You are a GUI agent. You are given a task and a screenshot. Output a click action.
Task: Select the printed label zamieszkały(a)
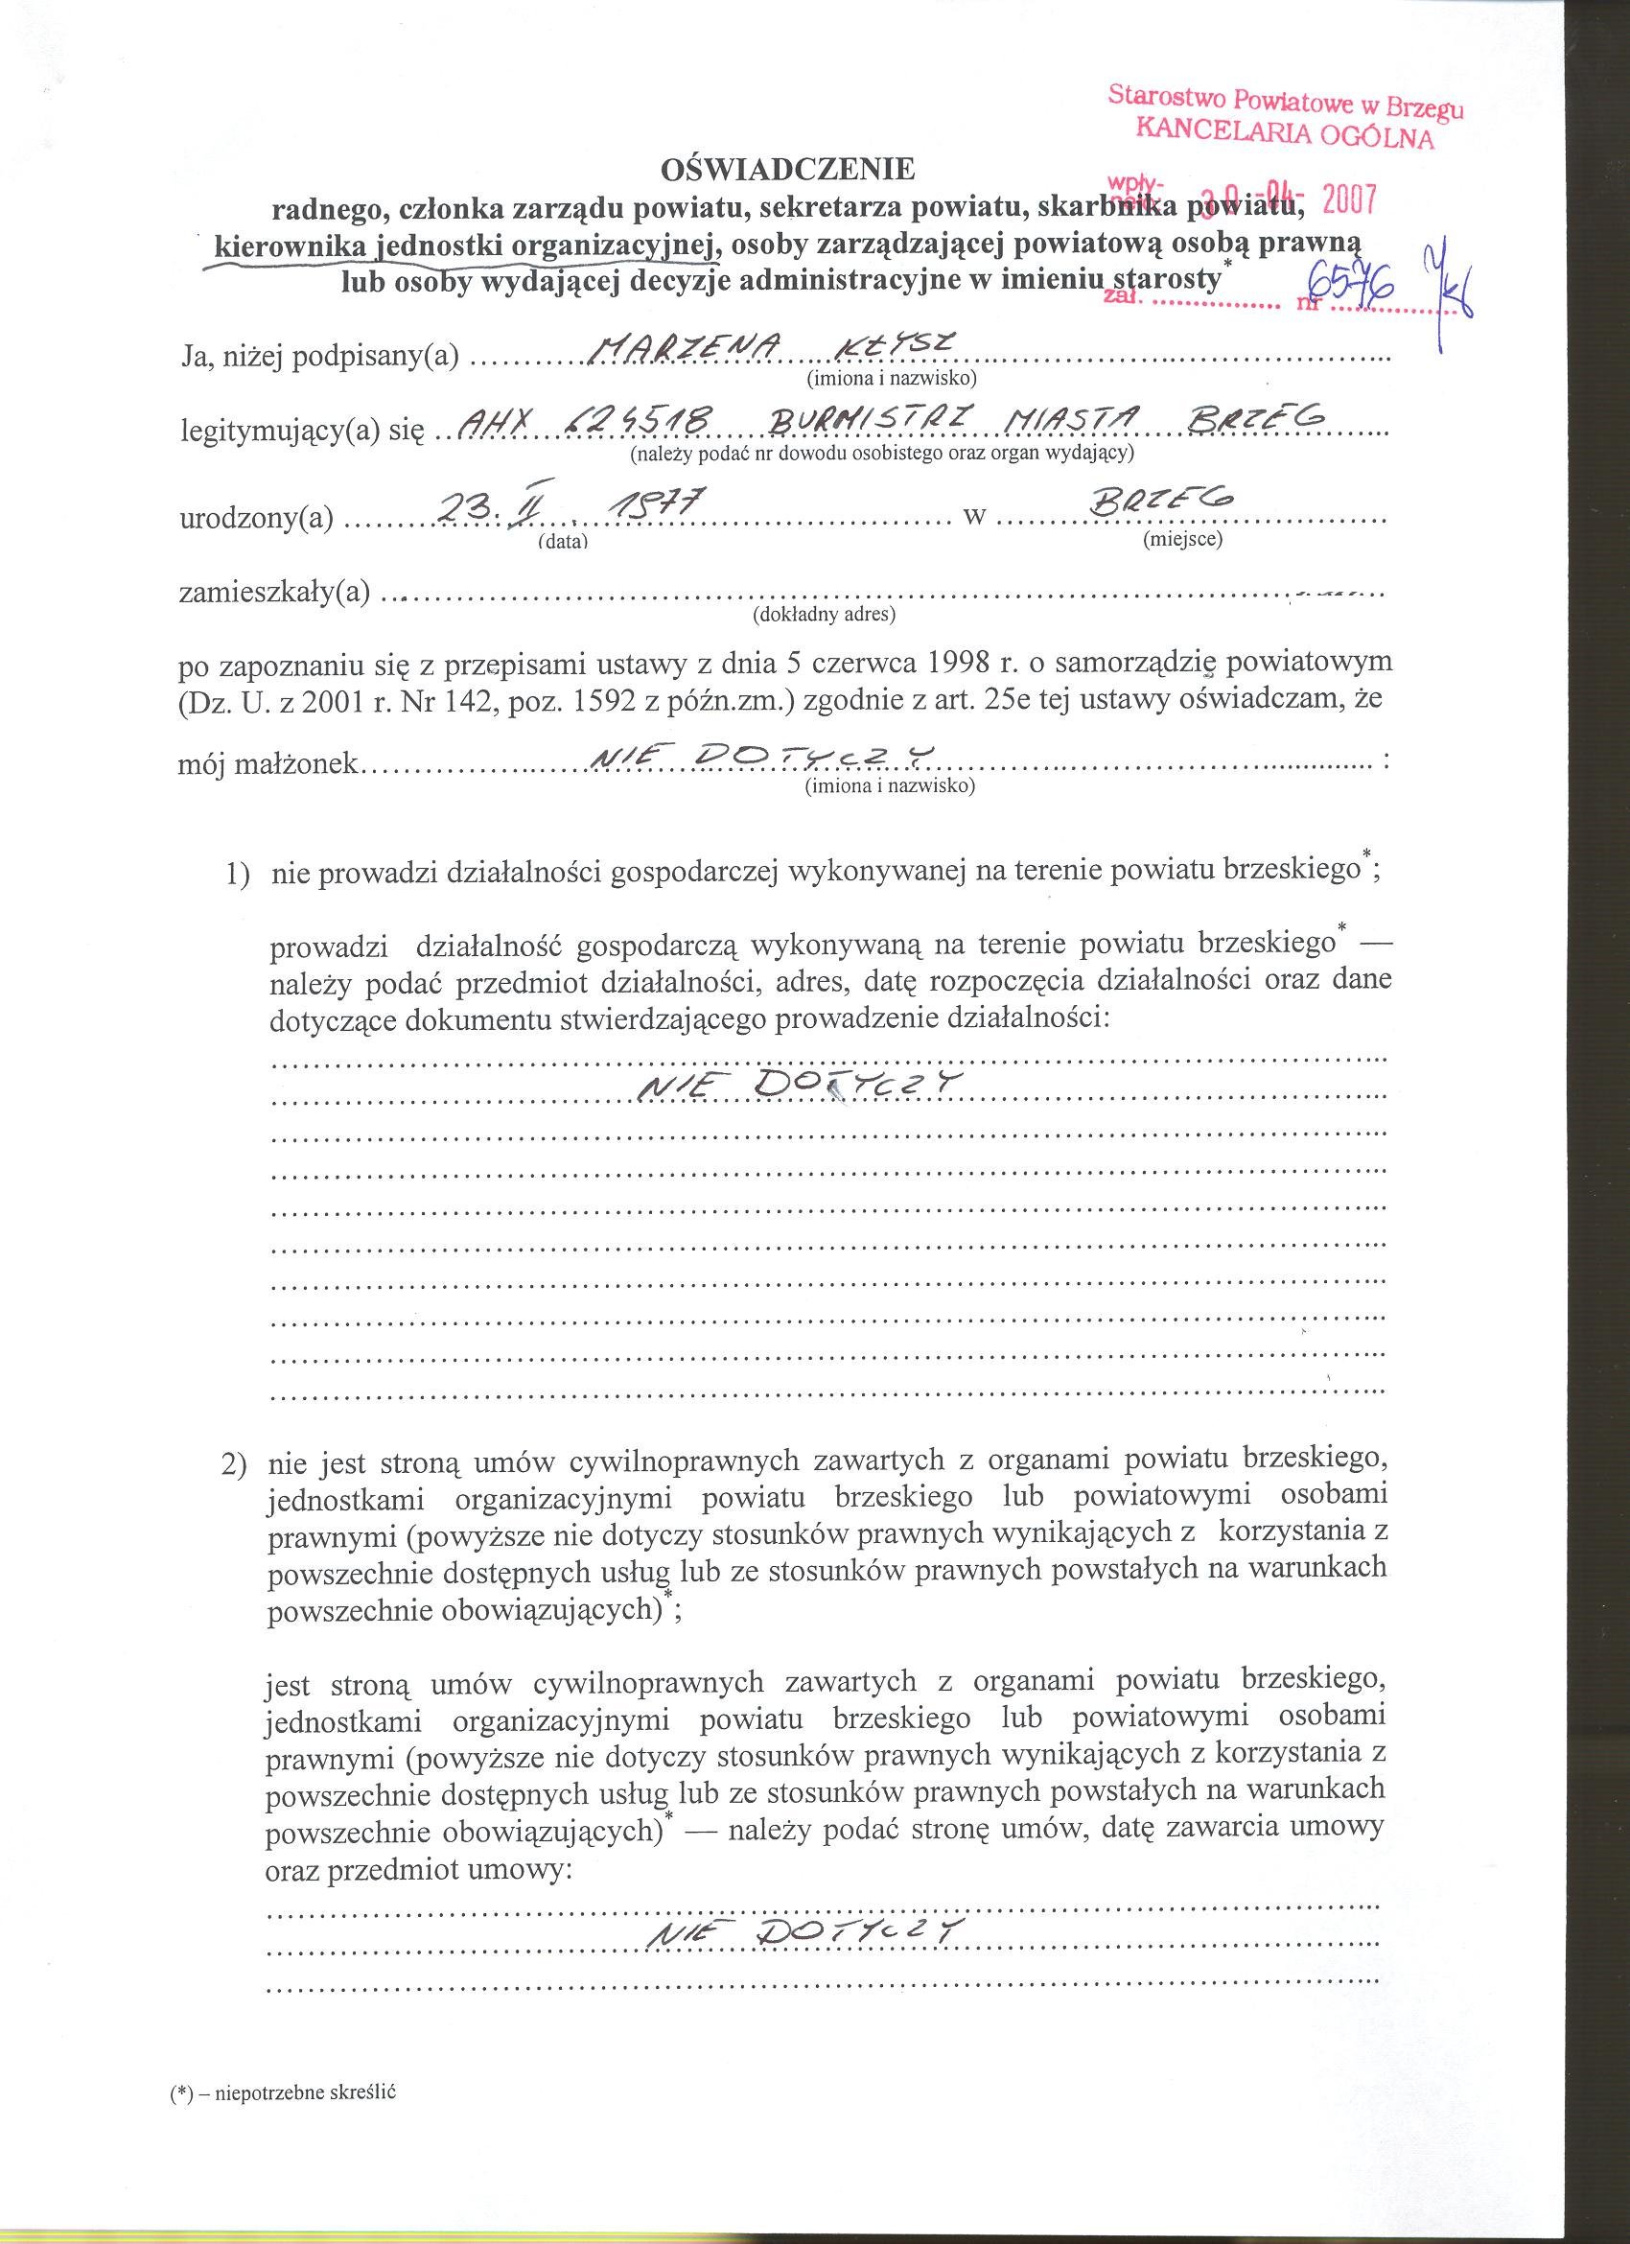tap(274, 593)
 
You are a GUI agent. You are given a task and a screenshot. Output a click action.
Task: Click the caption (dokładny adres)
tap(823, 616)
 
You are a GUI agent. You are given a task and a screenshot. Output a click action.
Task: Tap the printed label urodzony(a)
tap(257, 518)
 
